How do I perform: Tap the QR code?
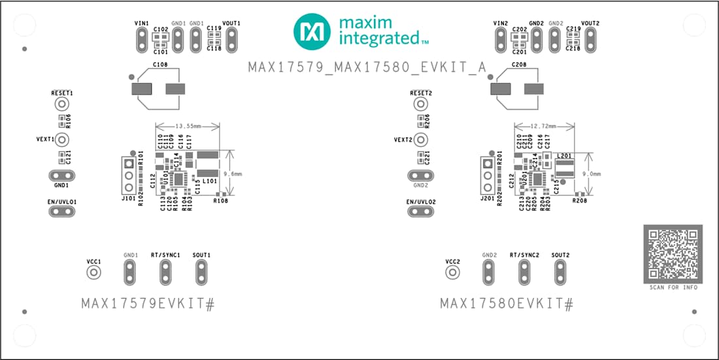pyautogui.click(x=673, y=254)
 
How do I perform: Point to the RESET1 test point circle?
pyautogui.click(x=62, y=104)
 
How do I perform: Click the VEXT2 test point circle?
pyautogui.click(x=421, y=140)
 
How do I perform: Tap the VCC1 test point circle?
pyautogui.click(x=94, y=272)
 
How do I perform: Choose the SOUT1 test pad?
pyautogui.click(x=201, y=272)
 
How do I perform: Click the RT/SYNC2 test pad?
pyautogui.click(x=523, y=272)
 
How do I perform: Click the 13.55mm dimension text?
pyautogui.click(x=188, y=126)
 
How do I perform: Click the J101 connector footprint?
pyautogui.click(x=129, y=175)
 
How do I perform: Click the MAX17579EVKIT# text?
pyautogui.click(x=148, y=304)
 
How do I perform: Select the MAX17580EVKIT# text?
pyautogui.click(x=507, y=304)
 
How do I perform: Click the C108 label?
pyautogui.click(x=159, y=65)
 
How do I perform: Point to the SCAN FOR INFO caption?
pyautogui.click(x=673, y=287)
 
